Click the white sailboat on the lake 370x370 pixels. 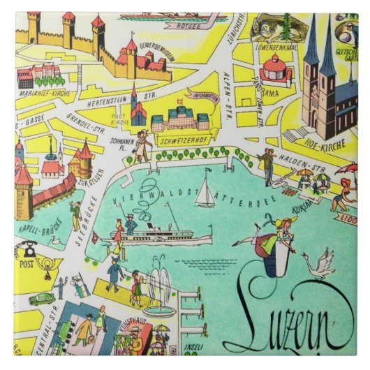[x=205, y=195]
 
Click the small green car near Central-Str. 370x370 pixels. [x=42, y=298]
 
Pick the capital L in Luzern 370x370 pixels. [x=262, y=314]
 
